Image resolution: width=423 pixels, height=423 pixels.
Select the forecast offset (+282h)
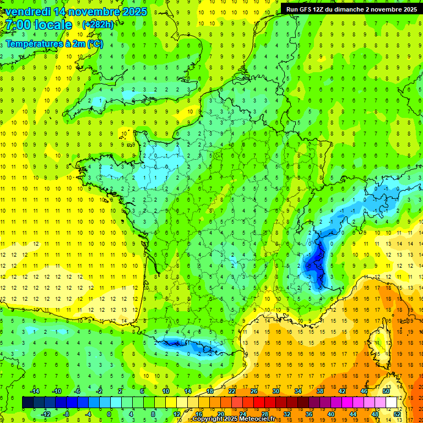click(x=97, y=25)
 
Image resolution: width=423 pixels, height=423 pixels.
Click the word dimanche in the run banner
click(x=355, y=9)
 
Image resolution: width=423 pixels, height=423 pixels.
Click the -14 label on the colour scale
click(x=35, y=391)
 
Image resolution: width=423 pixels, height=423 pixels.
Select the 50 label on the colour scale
click(x=386, y=391)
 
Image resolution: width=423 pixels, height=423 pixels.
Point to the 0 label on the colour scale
click(x=109, y=414)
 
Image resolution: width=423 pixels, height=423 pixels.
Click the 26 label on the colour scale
click(x=253, y=391)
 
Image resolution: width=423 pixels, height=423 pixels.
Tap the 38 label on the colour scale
click(x=319, y=391)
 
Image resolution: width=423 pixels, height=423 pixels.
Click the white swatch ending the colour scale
click(x=391, y=402)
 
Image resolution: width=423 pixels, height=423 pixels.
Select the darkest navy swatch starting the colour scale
click(x=28, y=402)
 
